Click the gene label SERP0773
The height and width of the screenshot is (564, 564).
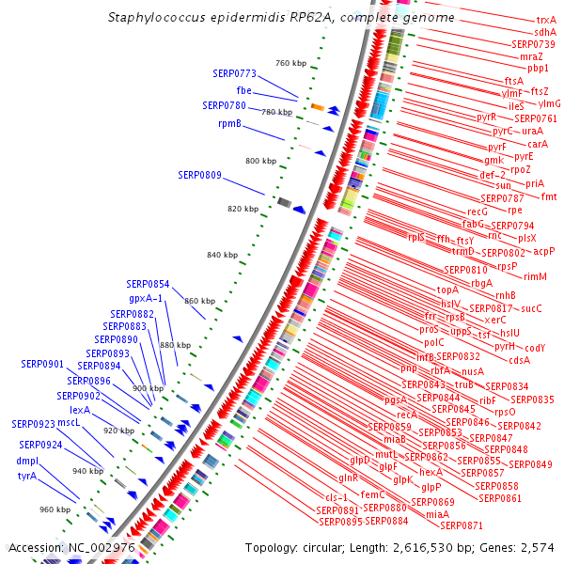click(234, 73)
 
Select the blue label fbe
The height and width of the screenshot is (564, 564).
click(244, 89)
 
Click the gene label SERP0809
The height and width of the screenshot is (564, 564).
click(199, 175)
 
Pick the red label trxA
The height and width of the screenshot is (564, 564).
click(545, 20)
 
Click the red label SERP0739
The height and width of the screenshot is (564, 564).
click(533, 44)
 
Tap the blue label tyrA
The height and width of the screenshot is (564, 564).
click(26, 476)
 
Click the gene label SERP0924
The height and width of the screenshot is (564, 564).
click(39, 445)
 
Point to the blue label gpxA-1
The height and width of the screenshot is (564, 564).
click(146, 298)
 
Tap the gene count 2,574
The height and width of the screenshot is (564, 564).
click(539, 547)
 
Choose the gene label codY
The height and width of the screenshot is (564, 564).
click(535, 348)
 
